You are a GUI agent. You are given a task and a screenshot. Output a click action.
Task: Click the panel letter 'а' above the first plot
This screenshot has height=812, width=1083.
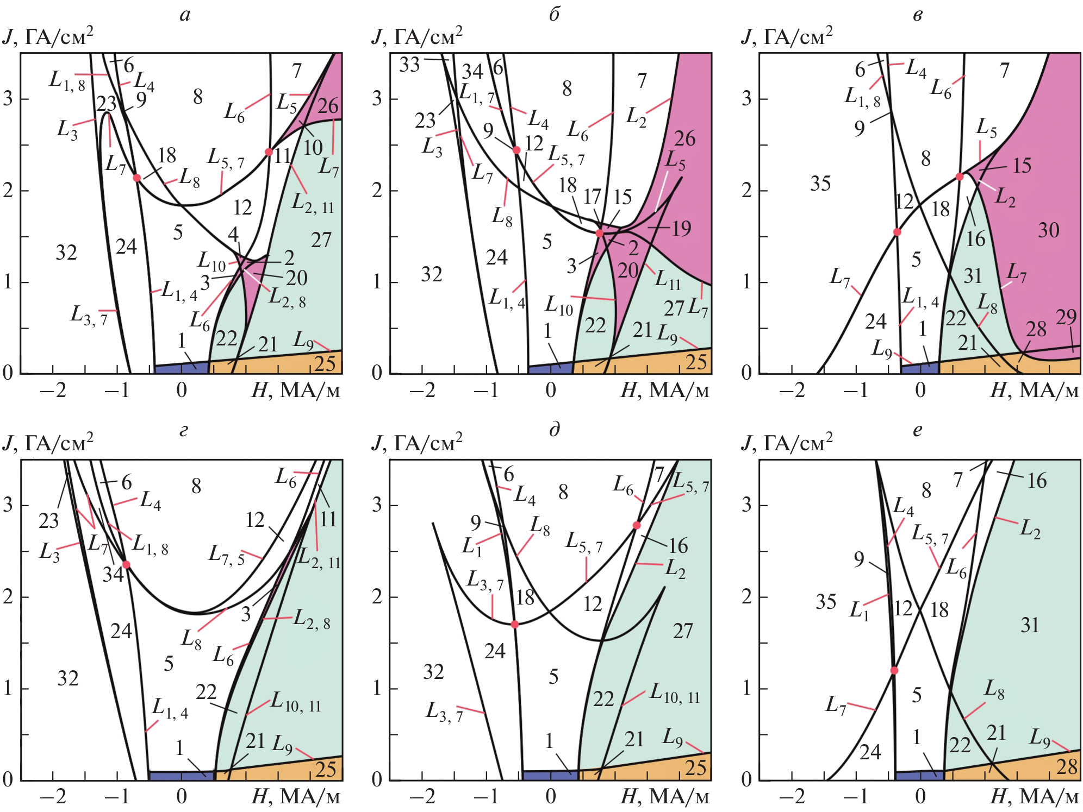tap(185, 15)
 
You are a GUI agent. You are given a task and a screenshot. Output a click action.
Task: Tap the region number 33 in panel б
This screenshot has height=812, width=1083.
tap(409, 65)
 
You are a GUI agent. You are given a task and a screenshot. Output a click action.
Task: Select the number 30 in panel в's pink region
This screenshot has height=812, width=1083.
tap(1048, 230)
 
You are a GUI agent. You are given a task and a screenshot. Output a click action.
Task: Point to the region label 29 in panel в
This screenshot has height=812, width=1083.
tap(1066, 317)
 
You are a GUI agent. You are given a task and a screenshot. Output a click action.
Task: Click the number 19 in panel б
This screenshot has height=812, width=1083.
tap(681, 228)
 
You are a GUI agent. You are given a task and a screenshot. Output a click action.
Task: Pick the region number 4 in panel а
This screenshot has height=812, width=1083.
tap(233, 234)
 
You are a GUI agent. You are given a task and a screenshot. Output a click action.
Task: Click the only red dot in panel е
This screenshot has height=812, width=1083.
tap(894, 670)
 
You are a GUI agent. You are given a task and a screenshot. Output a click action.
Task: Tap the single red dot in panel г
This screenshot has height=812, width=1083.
tap(126, 564)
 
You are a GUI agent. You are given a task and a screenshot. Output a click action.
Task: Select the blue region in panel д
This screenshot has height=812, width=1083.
tap(549, 775)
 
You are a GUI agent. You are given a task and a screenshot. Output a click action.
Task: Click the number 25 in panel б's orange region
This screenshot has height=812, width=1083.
tap(696, 362)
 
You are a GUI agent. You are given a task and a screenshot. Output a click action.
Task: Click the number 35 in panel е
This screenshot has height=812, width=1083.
tap(825, 602)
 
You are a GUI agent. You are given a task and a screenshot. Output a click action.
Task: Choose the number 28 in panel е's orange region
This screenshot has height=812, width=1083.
tap(1067, 767)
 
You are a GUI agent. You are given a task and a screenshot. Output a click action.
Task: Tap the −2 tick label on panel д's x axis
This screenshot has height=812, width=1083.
tap(422, 797)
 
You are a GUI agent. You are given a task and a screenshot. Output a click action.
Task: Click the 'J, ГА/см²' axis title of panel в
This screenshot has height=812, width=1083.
tap(786, 36)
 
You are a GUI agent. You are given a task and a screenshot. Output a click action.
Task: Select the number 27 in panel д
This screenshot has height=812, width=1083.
tap(683, 631)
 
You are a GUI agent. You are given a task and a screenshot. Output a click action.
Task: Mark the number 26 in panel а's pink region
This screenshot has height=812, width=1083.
tap(328, 106)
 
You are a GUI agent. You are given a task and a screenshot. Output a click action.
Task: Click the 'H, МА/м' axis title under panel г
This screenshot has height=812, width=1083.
tap(296, 797)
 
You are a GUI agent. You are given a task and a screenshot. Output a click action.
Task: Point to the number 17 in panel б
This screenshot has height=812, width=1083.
tap(592, 197)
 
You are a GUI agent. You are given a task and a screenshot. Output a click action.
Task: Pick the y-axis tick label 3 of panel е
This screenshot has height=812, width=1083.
tap(747, 505)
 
